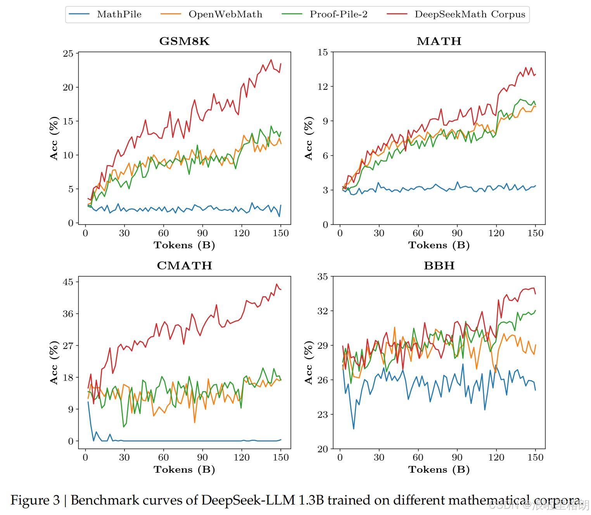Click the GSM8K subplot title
(x=184, y=41)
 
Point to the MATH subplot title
(x=439, y=41)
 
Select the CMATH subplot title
(x=184, y=266)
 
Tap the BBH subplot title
(x=439, y=266)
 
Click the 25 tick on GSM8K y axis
(x=68, y=53)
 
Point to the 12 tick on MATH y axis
(x=323, y=87)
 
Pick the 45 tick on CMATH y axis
(x=68, y=282)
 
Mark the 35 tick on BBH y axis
(x=323, y=277)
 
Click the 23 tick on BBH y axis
(x=323, y=415)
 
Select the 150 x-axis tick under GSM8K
(x=281, y=233)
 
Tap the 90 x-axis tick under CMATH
(x=202, y=458)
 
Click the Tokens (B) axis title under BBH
(x=439, y=470)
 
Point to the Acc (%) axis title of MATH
(x=309, y=138)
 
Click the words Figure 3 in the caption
(x=35, y=500)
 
